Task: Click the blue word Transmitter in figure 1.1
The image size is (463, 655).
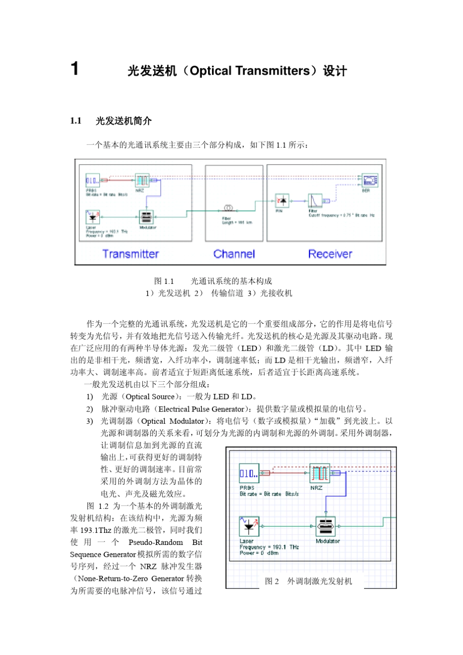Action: (x=131, y=254)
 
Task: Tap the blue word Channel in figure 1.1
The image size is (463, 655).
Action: (x=234, y=254)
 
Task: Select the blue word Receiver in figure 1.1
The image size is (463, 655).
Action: (x=330, y=254)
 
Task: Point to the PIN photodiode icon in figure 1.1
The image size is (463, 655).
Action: (x=282, y=200)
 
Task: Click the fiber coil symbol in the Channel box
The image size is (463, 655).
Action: (x=228, y=208)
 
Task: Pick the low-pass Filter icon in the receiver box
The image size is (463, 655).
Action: (x=315, y=201)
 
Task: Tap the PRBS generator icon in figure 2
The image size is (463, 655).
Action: (x=249, y=473)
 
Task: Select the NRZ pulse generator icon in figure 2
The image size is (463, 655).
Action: (x=320, y=473)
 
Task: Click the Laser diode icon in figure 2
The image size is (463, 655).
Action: (x=249, y=526)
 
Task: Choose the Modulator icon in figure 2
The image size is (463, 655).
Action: (x=326, y=526)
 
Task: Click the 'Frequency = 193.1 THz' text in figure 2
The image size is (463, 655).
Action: (x=269, y=547)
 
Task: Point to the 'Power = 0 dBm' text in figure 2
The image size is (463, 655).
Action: (x=259, y=553)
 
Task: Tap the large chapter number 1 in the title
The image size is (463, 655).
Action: (x=75, y=69)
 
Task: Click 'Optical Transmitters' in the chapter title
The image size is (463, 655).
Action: (x=250, y=71)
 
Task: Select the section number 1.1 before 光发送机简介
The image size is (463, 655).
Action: (x=76, y=121)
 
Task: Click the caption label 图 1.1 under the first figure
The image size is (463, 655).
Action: (x=164, y=281)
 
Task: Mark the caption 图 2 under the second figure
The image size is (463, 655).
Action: (x=272, y=581)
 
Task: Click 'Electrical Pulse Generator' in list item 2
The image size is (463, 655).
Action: (x=201, y=409)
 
